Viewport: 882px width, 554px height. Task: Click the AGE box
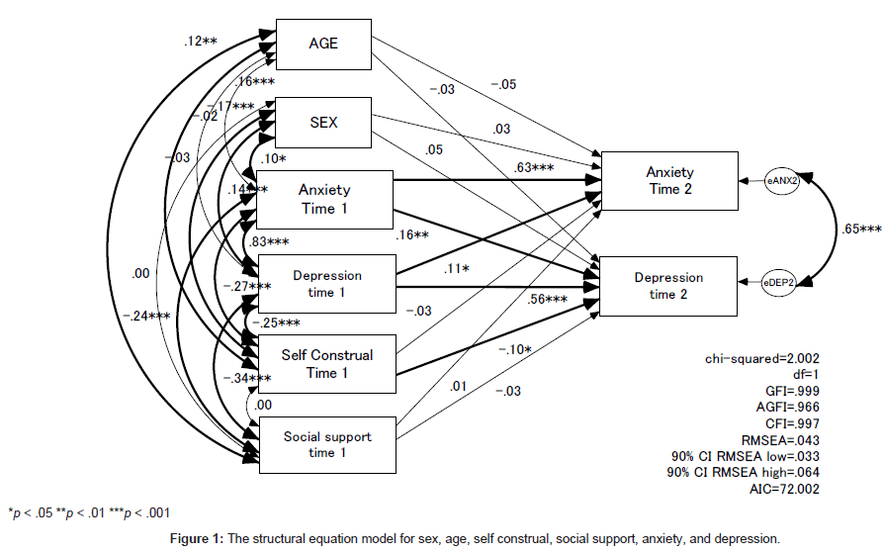tap(323, 45)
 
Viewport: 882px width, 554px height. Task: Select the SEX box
tap(323, 123)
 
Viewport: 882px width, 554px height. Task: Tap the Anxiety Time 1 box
tap(325, 198)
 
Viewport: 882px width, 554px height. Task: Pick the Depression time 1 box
tap(325, 284)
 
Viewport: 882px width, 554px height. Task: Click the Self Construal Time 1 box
tap(325, 363)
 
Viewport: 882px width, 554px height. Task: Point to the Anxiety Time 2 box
tap(668, 181)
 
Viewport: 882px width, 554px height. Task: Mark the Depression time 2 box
tap(668, 286)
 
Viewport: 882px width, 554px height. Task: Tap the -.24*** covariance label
tap(144, 318)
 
